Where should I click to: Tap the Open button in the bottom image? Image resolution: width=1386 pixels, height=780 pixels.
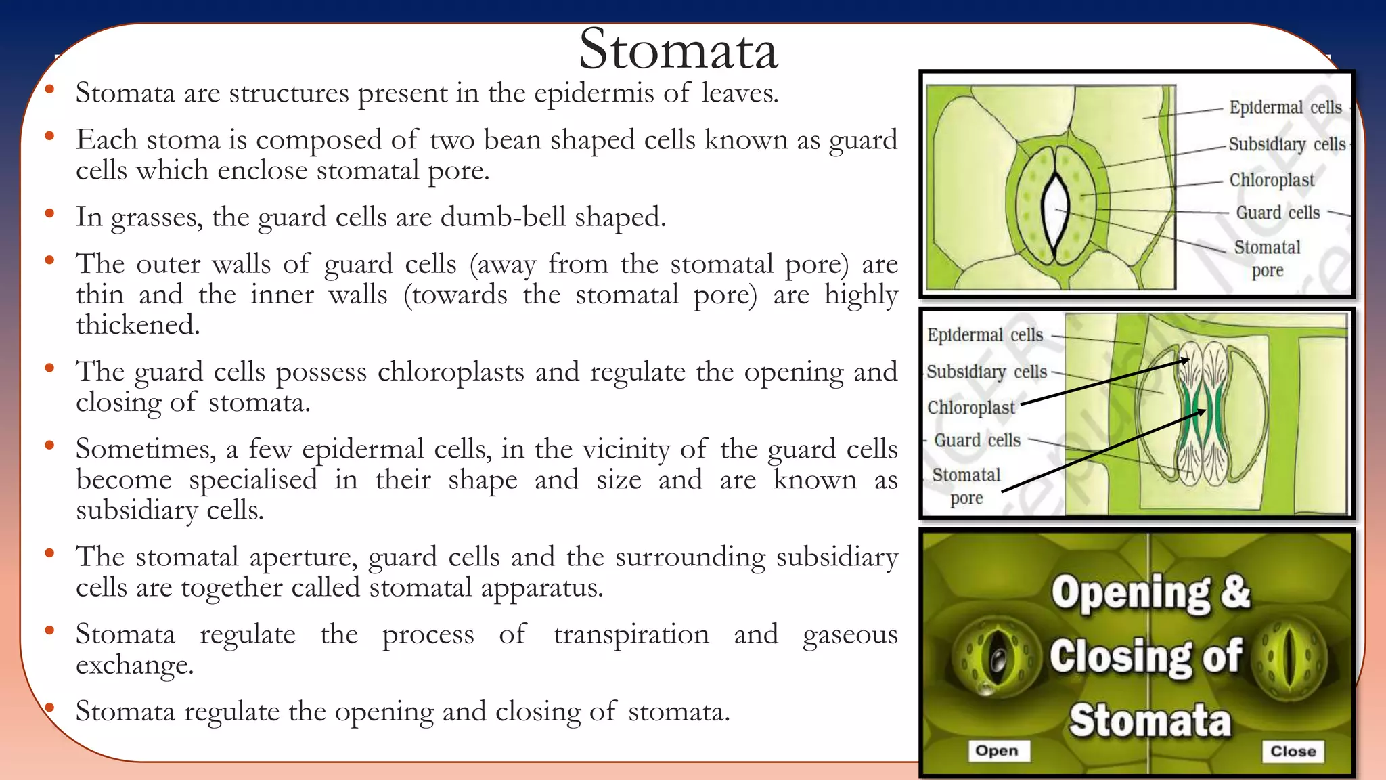tap(997, 750)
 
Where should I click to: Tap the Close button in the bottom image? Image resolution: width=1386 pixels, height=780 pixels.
tap(1293, 751)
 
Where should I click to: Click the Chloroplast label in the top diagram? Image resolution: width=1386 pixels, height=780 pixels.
tap(1272, 180)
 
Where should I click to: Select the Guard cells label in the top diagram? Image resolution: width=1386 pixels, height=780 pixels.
tap(1278, 213)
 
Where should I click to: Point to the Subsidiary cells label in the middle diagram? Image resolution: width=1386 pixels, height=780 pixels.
tap(986, 372)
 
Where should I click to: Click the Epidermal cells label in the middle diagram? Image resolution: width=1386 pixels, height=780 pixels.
tap(985, 335)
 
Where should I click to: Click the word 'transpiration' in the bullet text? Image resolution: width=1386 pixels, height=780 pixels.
tap(631, 634)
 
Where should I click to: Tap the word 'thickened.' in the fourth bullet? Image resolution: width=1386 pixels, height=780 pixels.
tap(137, 325)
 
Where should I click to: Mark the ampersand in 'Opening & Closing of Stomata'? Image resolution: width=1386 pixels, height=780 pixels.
tap(1235, 591)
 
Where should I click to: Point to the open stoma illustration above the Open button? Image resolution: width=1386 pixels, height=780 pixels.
tap(996, 657)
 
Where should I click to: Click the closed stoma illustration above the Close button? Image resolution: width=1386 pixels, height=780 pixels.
tap(1290, 657)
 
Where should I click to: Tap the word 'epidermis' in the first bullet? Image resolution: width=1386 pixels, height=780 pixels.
tap(594, 93)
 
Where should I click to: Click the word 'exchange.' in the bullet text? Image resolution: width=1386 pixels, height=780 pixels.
tap(135, 665)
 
